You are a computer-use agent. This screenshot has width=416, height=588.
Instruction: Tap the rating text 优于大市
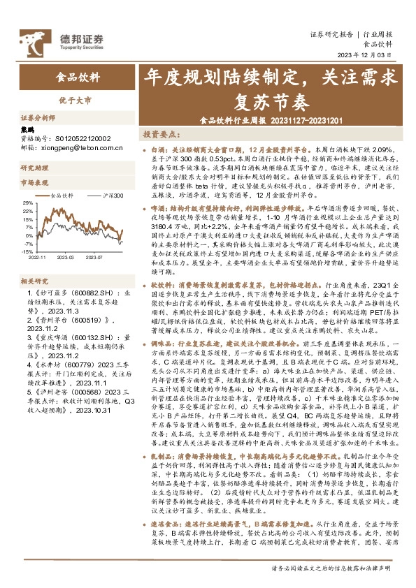tap(75, 101)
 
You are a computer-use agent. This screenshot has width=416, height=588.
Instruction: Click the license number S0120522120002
tap(82, 139)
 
